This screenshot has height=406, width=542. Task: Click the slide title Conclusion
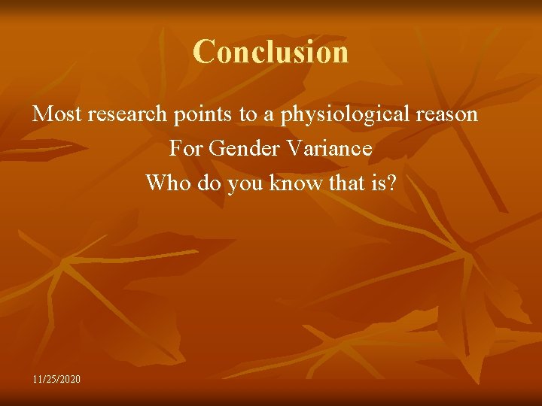pos(270,52)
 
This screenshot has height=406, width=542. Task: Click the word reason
pos(444,115)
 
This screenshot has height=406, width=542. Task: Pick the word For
pos(185,149)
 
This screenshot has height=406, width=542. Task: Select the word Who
pos(166,183)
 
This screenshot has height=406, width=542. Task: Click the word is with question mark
pos(383,183)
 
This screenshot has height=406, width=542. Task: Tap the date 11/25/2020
pos(56,378)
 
